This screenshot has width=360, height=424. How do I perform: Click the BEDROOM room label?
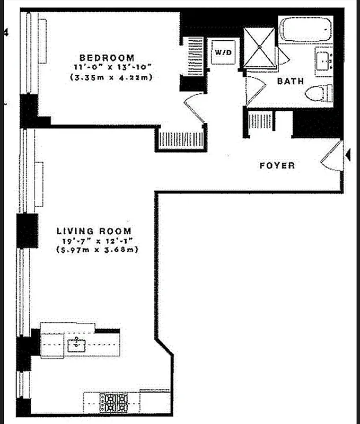[107, 57]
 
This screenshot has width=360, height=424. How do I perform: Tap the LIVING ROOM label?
[94, 231]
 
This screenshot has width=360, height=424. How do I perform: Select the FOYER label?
[277, 166]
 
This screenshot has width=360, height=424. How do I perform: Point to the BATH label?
[290, 82]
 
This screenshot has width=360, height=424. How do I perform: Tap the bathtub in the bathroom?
[305, 31]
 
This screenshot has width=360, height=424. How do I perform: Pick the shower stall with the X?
[259, 47]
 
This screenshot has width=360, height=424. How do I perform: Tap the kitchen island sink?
[77, 345]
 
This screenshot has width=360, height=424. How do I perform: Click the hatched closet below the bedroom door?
[181, 139]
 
